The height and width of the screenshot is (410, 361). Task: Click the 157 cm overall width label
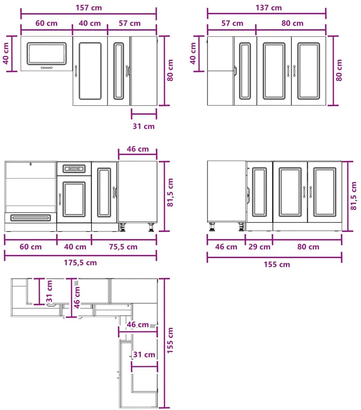click(x=89, y=8)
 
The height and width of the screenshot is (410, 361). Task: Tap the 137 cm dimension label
click(x=269, y=8)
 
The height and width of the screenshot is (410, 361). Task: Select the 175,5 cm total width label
click(x=80, y=262)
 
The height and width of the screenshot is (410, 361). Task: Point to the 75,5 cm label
click(x=123, y=247)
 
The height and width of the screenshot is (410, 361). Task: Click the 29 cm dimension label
click(x=259, y=247)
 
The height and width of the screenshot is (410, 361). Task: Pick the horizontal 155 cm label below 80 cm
click(x=277, y=264)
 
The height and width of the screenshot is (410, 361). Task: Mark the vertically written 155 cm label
click(x=170, y=340)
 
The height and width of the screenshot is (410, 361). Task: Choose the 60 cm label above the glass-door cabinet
click(x=46, y=23)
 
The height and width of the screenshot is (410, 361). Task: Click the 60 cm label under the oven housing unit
click(x=31, y=247)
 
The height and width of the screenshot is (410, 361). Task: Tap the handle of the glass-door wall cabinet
click(x=46, y=68)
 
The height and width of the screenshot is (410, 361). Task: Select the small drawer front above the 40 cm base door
click(x=74, y=169)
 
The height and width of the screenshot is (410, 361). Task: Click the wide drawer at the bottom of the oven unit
click(x=30, y=218)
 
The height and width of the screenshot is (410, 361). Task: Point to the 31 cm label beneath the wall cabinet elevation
click(x=144, y=126)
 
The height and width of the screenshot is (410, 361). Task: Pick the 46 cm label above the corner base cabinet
click(x=138, y=149)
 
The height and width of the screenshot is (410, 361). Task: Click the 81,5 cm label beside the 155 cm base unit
click(x=353, y=196)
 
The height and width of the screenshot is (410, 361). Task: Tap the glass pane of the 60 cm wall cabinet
click(x=46, y=53)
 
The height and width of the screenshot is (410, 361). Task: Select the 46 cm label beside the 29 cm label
click(x=226, y=247)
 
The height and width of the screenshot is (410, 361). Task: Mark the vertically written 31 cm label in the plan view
click(x=49, y=291)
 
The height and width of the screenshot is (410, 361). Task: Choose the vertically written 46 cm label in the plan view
click(x=77, y=297)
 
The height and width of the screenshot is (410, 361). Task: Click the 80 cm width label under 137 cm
click(x=293, y=23)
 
